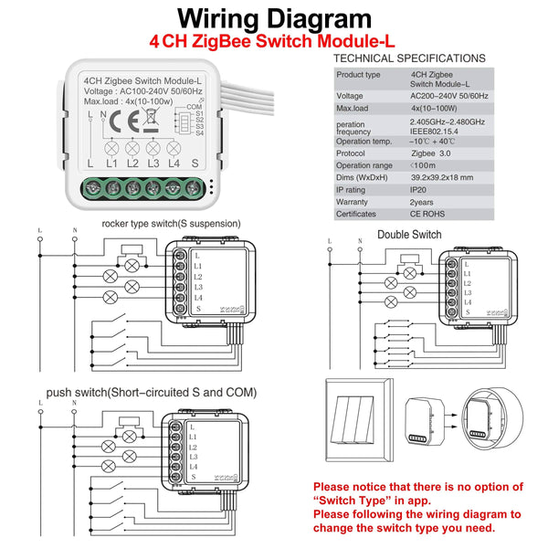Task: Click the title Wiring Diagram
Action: click(274, 19)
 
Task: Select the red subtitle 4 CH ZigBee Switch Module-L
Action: click(273, 42)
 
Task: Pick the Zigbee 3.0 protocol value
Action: click(433, 154)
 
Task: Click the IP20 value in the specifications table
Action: click(421, 190)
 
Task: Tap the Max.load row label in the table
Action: click(353, 108)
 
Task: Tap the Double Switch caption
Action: click(408, 235)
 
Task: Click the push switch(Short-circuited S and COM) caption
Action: click(152, 393)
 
